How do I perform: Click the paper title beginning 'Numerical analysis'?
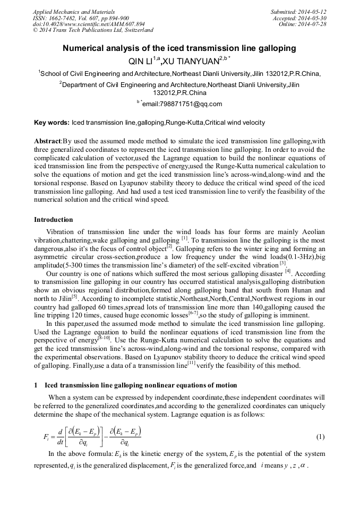[x=179, y=48]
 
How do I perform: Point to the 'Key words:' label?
[x=52, y=123]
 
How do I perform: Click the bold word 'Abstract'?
[x=48, y=142]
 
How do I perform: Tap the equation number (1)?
[x=320, y=437]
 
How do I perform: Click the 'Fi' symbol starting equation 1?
[x=46, y=437]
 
